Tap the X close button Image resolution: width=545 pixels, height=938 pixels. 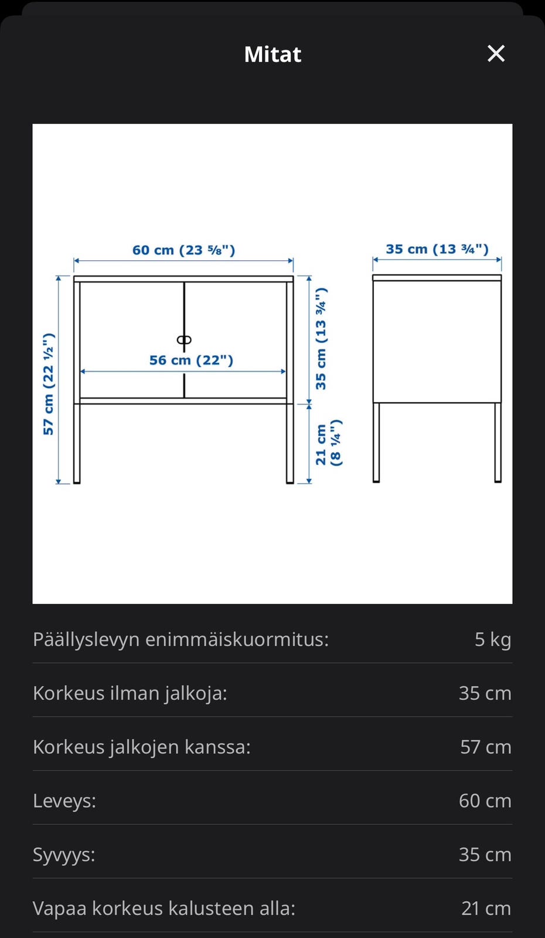(496, 54)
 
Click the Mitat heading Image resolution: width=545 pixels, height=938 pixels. (272, 55)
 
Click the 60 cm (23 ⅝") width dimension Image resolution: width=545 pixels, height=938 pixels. (183, 250)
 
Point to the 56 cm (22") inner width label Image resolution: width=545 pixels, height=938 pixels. (191, 360)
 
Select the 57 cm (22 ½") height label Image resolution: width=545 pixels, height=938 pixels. (49, 384)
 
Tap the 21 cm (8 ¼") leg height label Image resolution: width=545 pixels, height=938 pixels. (328, 444)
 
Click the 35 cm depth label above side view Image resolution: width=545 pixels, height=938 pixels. (437, 249)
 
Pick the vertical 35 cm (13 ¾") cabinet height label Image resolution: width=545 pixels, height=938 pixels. (321, 339)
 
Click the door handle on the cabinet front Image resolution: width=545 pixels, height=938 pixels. (184, 340)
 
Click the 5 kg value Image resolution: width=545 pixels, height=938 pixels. (492, 639)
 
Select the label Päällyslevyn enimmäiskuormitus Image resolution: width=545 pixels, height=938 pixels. (180, 639)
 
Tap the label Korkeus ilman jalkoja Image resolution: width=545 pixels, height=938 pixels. (130, 693)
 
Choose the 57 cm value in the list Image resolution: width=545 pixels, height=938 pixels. (485, 747)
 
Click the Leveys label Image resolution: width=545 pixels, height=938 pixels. (64, 801)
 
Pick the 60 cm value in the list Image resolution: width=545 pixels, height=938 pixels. (485, 801)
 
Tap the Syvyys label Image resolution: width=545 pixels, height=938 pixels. (64, 855)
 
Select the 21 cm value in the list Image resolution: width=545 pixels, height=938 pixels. (486, 908)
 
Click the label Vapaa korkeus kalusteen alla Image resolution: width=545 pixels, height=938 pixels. (164, 908)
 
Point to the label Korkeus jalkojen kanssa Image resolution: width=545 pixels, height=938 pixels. (142, 747)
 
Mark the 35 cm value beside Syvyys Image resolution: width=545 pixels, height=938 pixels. (485, 855)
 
